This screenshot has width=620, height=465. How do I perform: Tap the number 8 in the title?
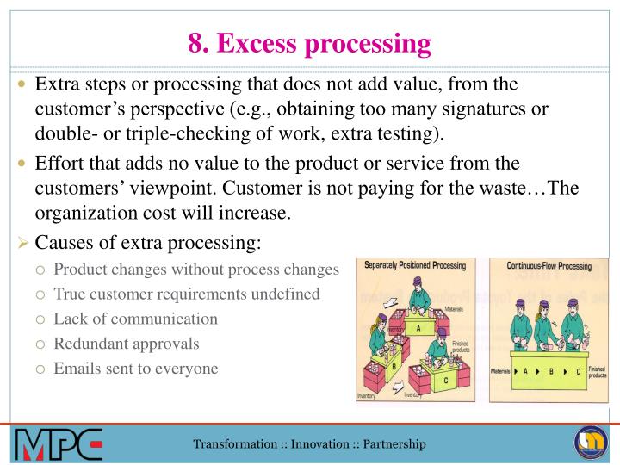195,40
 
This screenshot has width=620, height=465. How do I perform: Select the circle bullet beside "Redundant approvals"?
40,344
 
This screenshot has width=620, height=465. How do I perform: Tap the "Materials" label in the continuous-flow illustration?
502,371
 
